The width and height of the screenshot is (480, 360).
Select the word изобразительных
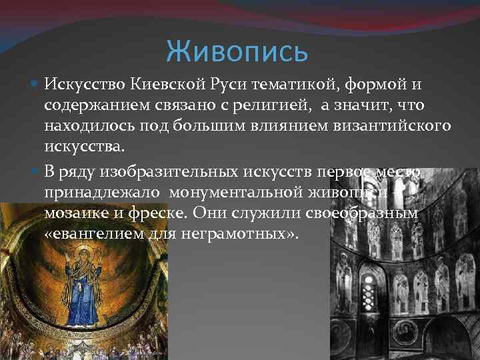point(156,173)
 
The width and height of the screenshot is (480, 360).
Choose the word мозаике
point(73,214)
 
